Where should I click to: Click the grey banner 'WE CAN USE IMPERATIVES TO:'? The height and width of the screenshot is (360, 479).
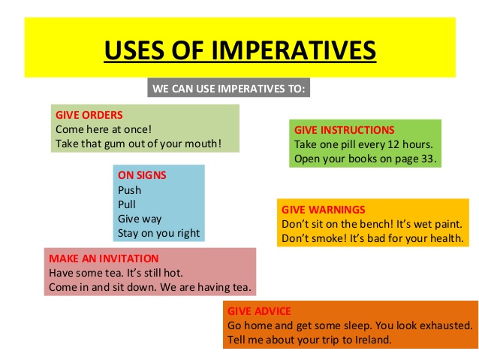[x=229, y=89]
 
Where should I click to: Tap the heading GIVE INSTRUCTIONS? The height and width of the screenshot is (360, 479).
[x=344, y=130]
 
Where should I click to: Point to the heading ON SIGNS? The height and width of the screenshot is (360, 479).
[x=142, y=175]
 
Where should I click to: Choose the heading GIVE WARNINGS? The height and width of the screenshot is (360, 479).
[x=323, y=210]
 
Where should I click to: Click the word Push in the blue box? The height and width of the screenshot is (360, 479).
[x=129, y=190]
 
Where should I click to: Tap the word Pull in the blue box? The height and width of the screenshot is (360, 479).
[x=127, y=204]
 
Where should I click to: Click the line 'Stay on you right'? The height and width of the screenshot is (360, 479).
[x=159, y=234]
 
